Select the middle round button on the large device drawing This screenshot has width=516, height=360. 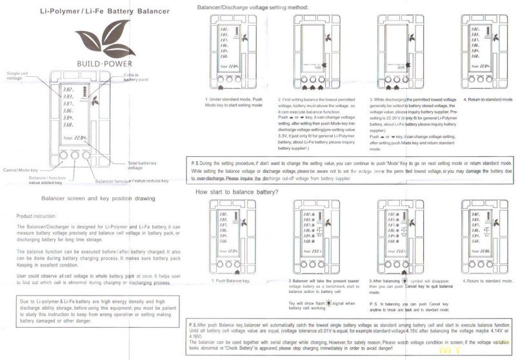point(76,155)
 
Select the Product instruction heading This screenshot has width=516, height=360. point(37,215)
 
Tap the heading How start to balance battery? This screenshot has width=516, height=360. point(236,174)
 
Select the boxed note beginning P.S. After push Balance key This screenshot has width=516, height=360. point(352,337)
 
